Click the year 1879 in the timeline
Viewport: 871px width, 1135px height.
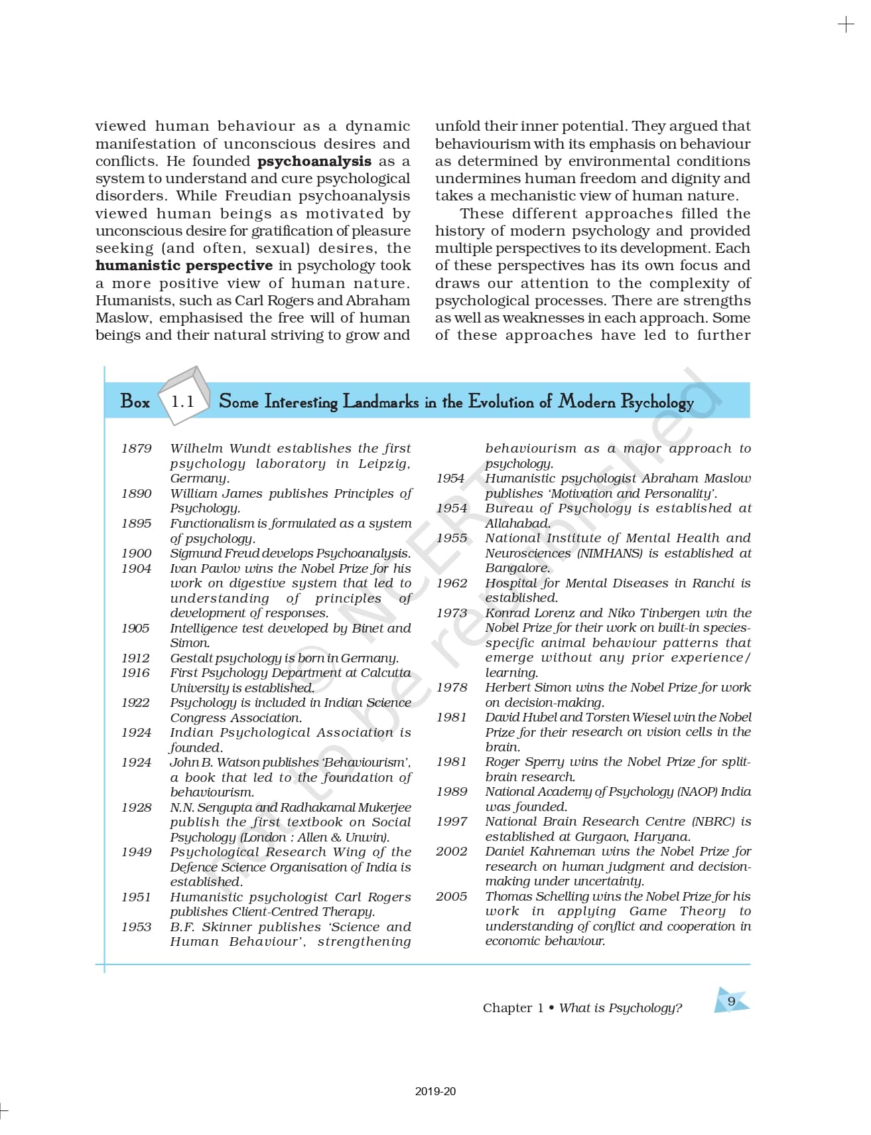[x=136, y=449]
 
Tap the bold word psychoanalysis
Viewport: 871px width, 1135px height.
[x=314, y=161]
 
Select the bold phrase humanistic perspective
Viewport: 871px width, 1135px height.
[x=184, y=265]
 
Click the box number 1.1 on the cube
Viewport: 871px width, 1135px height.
[x=182, y=402]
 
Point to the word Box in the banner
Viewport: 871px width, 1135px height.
[x=135, y=402]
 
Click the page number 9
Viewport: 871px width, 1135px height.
[x=731, y=1001]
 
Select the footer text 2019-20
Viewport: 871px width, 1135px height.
[x=435, y=1091]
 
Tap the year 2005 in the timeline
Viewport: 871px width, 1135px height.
[x=451, y=897]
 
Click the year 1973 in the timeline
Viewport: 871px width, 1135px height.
[x=451, y=613]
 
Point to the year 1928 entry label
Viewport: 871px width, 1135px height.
[x=136, y=808]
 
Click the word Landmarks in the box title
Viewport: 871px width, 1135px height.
[x=380, y=402]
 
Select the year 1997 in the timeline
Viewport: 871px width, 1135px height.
[x=451, y=822]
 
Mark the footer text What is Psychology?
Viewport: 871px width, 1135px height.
[x=620, y=1008]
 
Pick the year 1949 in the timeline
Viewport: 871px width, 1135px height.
[x=136, y=852]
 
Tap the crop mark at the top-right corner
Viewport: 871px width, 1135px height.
[x=846, y=25]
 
